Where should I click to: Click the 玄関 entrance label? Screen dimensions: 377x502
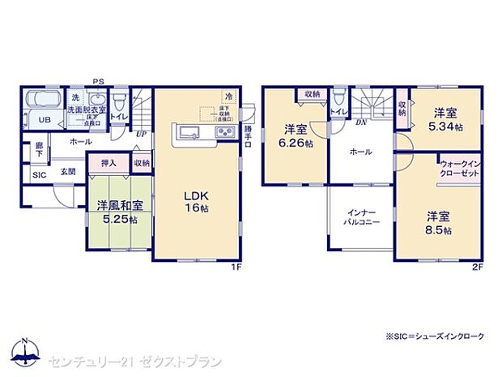(69, 172)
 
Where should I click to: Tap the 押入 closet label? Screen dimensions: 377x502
(109, 163)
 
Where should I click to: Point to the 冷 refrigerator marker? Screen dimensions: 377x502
(229, 96)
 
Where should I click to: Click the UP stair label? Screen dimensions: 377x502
(141, 134)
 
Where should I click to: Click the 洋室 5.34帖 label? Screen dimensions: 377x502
(445, 120)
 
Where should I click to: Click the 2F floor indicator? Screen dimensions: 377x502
(479, 265)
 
